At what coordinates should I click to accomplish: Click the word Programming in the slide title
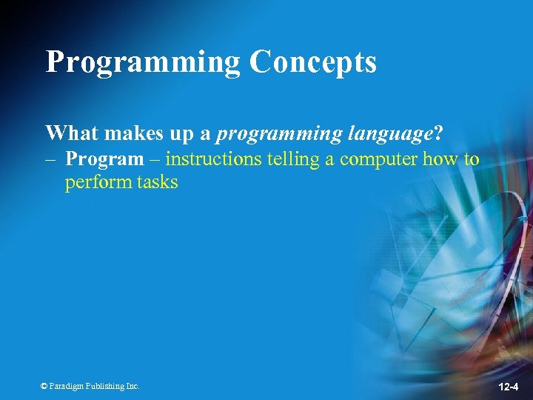pyautogui.click(x=142, y=62)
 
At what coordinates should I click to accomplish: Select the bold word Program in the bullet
pyautogui.click(x=104, y=159)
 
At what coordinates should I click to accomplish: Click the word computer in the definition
pyautogui.click(x=379, y=159)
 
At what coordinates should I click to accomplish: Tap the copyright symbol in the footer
pyautogui.click(x=44, y=386)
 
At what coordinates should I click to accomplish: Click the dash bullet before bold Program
pyautogui.click(x=52, y=159)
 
